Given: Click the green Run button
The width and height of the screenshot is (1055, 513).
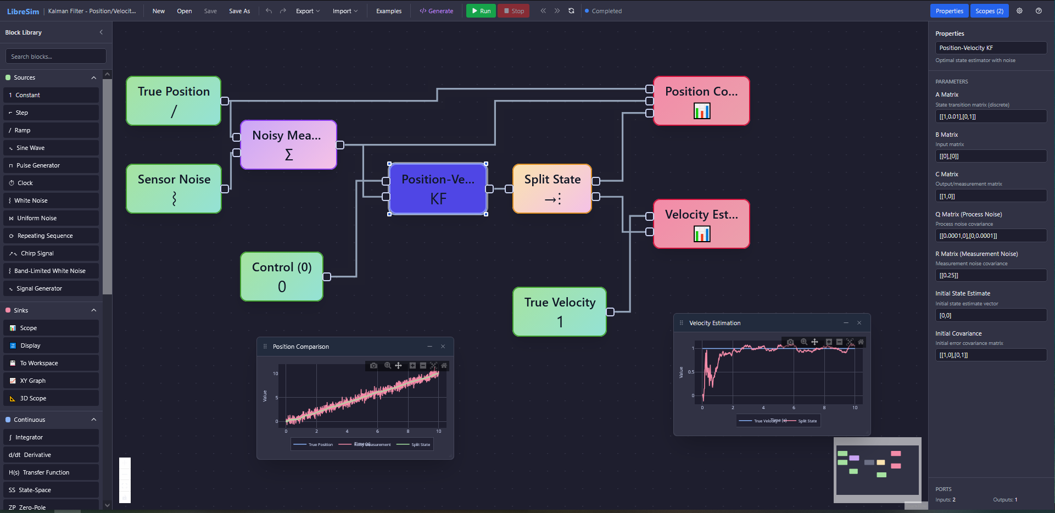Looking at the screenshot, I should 481,11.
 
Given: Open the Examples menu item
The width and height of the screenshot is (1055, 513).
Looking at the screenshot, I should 389,11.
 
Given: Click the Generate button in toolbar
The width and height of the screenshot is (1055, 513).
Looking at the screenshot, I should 437,11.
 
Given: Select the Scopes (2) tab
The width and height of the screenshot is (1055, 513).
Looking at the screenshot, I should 989,11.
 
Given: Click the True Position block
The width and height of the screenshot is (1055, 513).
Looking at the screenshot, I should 174,101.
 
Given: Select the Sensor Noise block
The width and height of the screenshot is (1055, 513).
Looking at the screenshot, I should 174,189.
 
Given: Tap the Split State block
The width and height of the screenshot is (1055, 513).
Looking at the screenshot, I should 552,189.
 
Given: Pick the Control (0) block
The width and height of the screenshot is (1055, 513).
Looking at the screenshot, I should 282,277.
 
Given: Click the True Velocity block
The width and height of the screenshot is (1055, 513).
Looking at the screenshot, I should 560,312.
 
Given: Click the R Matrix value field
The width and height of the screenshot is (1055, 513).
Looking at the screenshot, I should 991,275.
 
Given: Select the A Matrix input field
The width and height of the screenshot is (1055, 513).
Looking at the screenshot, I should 991,116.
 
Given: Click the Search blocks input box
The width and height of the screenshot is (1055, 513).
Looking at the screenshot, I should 56,57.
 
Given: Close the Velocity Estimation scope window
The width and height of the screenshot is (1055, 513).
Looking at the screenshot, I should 859,323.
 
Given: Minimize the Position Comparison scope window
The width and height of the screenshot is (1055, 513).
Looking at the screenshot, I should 429,347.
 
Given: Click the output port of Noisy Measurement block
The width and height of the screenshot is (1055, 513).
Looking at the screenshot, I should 340,145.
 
